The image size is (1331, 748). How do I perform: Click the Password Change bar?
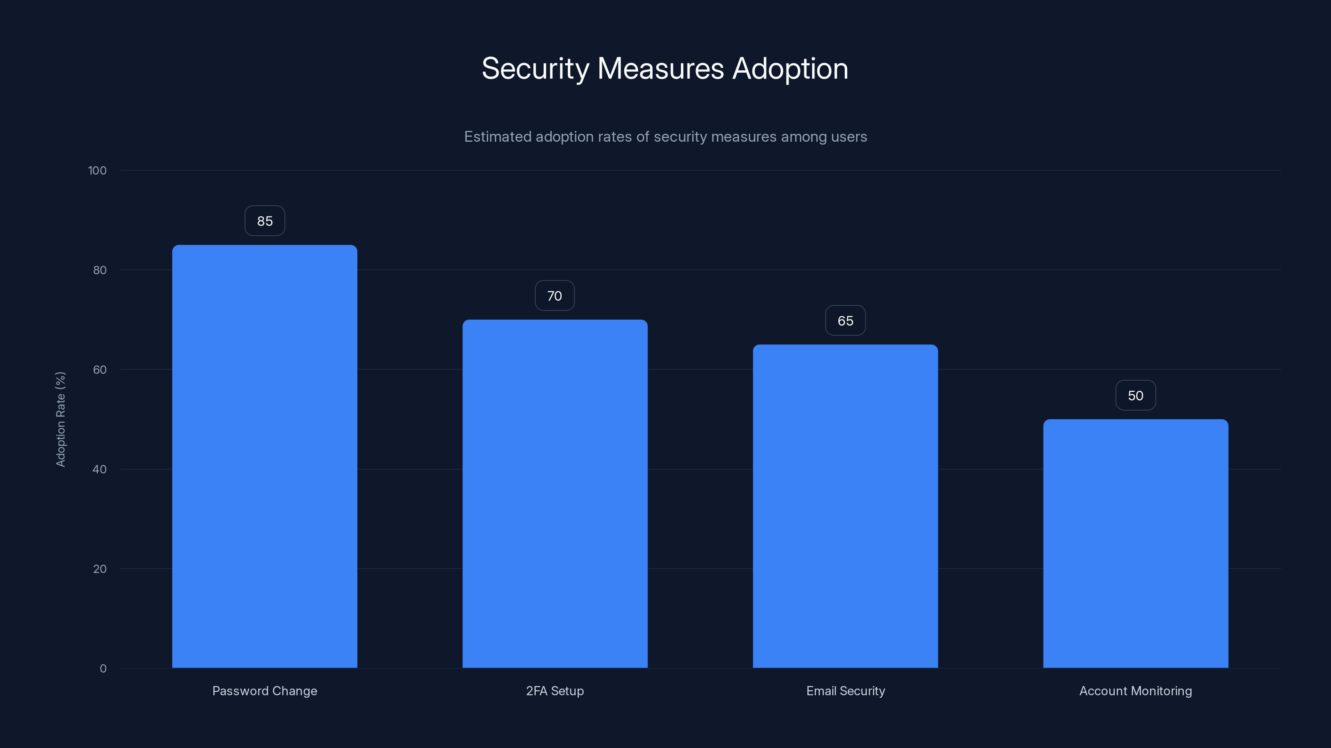pyautogui.click(x=265, y=456)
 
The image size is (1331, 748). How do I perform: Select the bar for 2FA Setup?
pyautogui.click(x=555, y=494)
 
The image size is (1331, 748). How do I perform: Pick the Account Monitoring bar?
pyautogui.click(x=1136, y=544)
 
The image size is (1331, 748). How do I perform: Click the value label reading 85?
pyautogui.click(x=265, y=221)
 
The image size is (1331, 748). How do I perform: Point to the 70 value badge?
pyautogui.click(x=554, y=296)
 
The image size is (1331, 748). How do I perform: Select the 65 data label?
pyautogui.click(x=845, y=320)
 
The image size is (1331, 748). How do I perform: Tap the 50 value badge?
pyautogui.click(x=1136, y=396)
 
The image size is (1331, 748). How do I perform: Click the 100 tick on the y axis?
pyautogui.click(x=97, y=170)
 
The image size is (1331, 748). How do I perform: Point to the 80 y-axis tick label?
pyautogui.click(x=100, y=270)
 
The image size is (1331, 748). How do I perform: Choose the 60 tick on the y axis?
pyautogui.click(x=100, y=369)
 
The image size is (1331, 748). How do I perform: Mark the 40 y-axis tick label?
pyautogui.click(x=100, y=469)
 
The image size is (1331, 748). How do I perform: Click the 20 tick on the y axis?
pyautogui.click(x=100, y=569)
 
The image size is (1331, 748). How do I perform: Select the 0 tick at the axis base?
pyautogui.click(x=103, y=669)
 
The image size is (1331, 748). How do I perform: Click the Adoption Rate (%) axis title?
pyautogui.click(x=60, y=419)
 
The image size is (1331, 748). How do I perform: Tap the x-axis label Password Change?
pyautogui.click(x=265, y=691)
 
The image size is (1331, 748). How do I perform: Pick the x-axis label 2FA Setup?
pyautogui.click(x=555, y=691)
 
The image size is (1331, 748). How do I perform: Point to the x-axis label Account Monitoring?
pyautogui.click(x=1136, y=691)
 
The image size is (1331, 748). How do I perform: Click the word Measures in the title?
pyautogui.click(x=661, y=69)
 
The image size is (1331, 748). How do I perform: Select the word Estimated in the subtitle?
pyautogui.click(x=497, y=137)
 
